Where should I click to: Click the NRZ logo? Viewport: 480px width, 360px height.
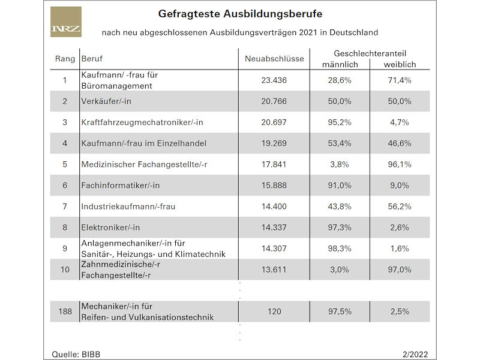pos(66,22)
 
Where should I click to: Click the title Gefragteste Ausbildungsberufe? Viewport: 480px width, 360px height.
pos(240,14)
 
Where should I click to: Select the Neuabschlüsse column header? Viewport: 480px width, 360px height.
pos(274,58)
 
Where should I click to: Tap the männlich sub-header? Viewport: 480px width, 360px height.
pos(340,65)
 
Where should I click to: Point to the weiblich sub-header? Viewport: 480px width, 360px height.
pos(400,65)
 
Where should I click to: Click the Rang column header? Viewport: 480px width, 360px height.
pos(65,59)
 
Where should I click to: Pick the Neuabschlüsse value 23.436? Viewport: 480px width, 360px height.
pos(274,80)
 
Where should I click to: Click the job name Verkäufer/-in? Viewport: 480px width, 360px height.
pos(106,101)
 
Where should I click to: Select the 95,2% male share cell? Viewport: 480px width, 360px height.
pos(340,122)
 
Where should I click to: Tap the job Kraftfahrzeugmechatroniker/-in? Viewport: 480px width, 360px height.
pos(142,122)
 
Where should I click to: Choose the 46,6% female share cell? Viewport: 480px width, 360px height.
pos(400,143)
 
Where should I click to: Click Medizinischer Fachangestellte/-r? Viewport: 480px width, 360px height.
pos(144,164)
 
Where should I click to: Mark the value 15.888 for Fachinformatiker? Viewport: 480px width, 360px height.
pos(274,185)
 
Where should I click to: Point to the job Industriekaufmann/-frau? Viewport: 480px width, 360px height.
pos(128,206)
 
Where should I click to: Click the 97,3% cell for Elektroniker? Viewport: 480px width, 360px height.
pos(340,227)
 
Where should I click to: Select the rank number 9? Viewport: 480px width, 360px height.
pos(65,248)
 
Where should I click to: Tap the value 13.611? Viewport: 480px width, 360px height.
pos(274,269)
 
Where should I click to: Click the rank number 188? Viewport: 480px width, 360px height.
pos(65,311)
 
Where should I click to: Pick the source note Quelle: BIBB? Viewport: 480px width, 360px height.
pos(76,355)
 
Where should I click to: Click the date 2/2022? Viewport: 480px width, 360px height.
pos(415,355)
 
